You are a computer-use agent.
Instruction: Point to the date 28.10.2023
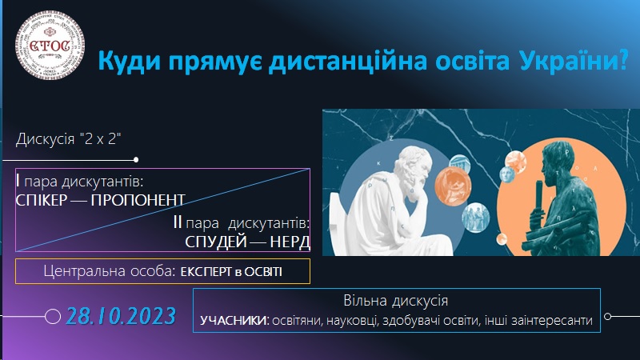(121, 315)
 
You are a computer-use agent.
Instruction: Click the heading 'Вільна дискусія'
(398, 302)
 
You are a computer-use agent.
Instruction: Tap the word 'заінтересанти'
(552, 321)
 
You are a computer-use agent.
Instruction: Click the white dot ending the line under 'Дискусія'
(137, 159)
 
